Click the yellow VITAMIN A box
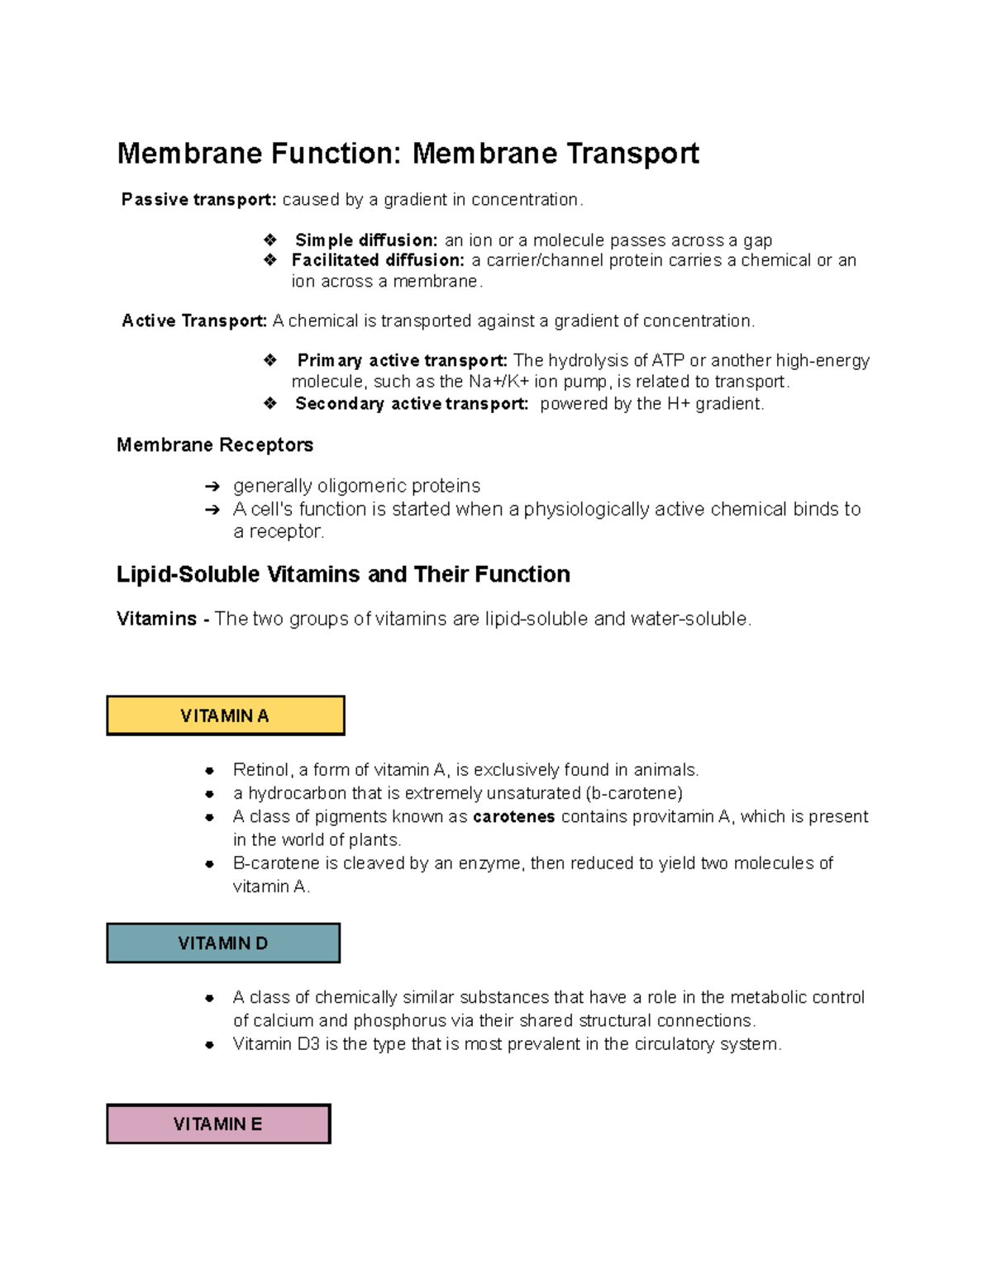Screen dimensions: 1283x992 pos(225,715)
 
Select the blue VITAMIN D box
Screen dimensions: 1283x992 pos(223,943)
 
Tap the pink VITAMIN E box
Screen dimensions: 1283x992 pos(218,1124)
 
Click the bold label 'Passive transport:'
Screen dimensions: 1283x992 pos(198,200)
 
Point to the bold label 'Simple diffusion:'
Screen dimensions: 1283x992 pos(366,240)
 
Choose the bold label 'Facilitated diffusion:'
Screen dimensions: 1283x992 pos(378,260)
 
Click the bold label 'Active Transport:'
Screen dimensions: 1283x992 pos(194,321)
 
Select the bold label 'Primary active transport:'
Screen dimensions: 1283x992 pos(402,360)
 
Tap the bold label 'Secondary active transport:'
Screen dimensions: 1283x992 pos(412,404)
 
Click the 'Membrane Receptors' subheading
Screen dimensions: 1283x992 pos(215,445)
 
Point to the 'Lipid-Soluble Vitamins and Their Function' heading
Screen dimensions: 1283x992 pos(343,574)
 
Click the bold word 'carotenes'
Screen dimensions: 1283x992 pos(513,817)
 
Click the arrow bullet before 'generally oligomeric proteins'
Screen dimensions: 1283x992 pos(212,487)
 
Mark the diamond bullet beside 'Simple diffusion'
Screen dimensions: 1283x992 pos(270,240)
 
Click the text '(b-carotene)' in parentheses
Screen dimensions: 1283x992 pos(634,794)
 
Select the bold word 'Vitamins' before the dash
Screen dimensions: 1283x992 pos(156,619)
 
